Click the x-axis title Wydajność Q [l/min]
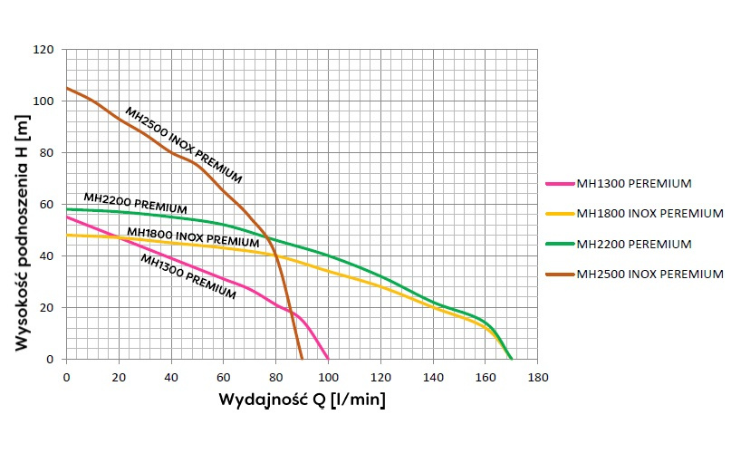301,400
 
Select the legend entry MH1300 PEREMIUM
633,184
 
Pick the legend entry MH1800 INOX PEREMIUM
649,214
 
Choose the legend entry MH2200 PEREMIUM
633,244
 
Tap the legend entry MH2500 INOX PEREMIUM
649,274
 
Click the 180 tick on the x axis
538,374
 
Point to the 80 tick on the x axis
275,374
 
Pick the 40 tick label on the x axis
171,374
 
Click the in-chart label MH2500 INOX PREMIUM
183,143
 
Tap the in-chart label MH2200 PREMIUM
135,203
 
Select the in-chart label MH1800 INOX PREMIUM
193,237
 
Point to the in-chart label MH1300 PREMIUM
188,275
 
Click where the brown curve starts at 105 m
67,88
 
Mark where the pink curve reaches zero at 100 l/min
328,360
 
